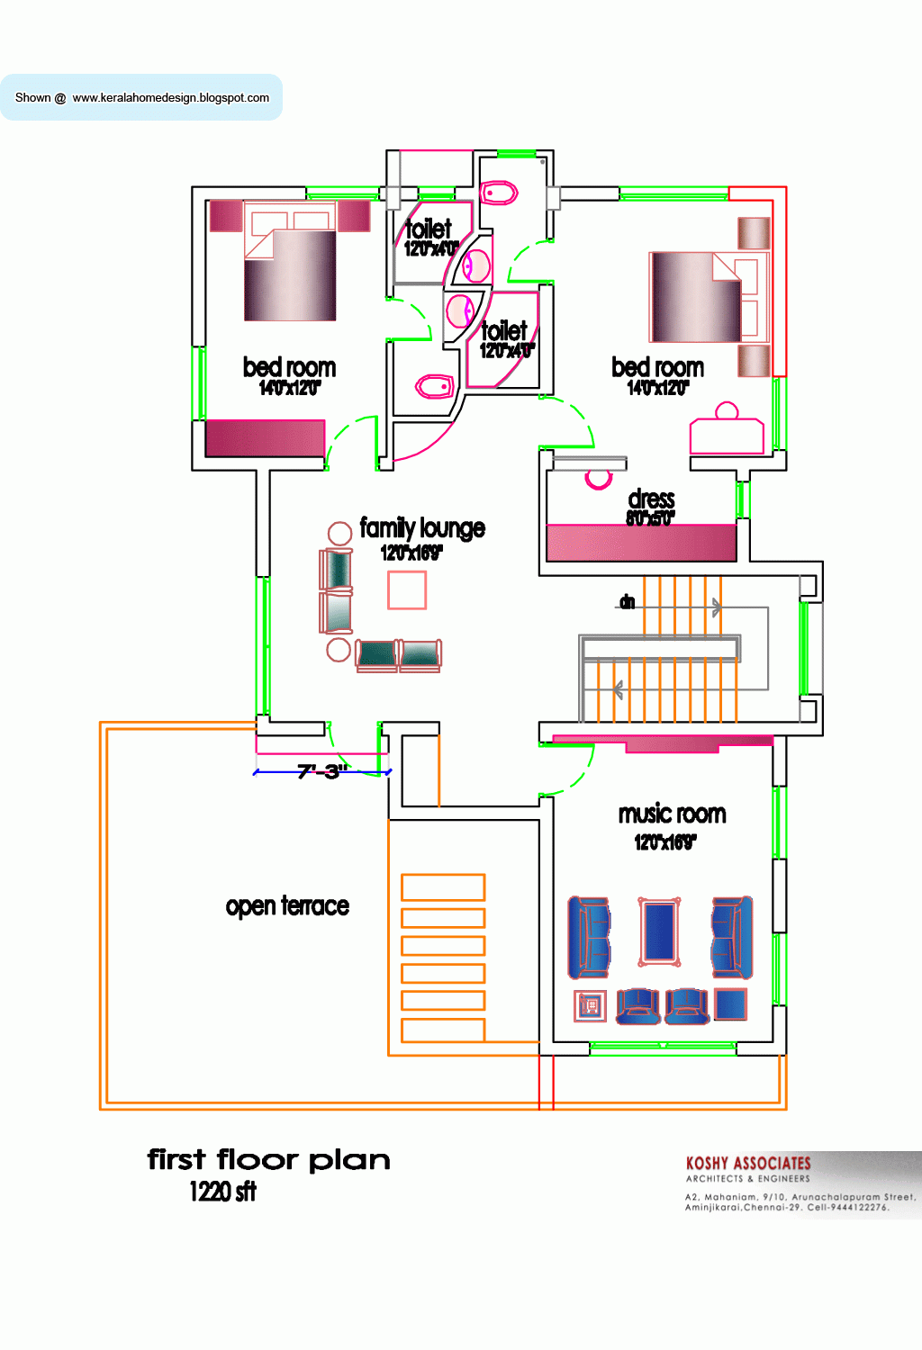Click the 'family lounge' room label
click(x=421, y=527)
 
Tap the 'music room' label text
click(x=672, y=814)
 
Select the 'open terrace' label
click(x=287, y=905)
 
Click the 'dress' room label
click(x=651, y=499)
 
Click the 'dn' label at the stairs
click(x=627, y=601)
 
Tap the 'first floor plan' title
click(x=268, y=1159)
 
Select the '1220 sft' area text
click(x=222, y=1192)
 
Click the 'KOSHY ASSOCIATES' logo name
click(x=748, y=1163)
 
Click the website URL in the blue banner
click(x=170, y=97)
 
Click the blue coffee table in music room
click(x=659, y=931)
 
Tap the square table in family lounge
click(x=407, y=590)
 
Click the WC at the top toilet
click(x=498, y=193)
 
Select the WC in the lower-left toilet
click(x=435, y=387)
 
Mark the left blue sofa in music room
click(x=589, y=937)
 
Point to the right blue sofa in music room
click(x=731, y=937)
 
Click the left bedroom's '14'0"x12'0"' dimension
click(x=290, y=388)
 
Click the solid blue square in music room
click(x=730, y=1003)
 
